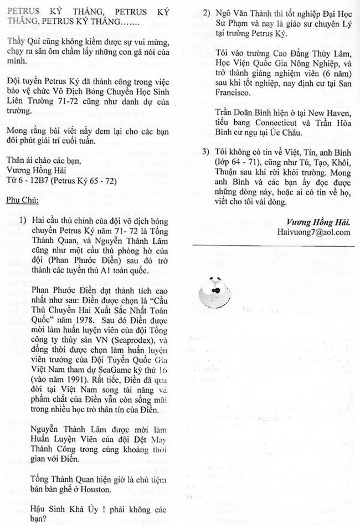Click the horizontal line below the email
(273, 245)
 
